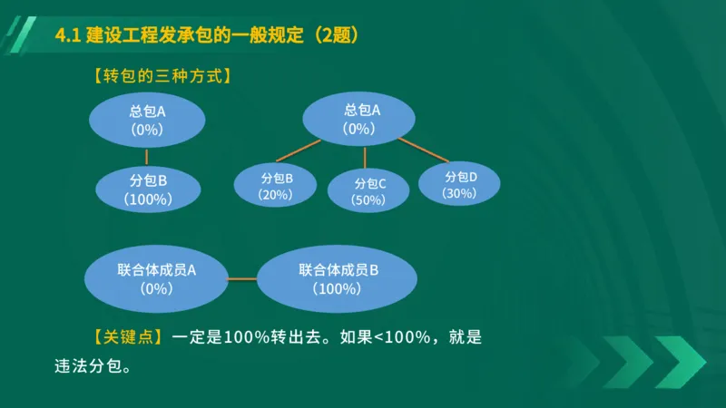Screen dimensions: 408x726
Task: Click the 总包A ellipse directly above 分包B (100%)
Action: coord(146,121)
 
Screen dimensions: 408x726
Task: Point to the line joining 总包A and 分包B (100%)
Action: coord(147,156)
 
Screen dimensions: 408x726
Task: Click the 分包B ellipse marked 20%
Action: coord(275,186)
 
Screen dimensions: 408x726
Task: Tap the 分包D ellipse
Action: coord(459,184)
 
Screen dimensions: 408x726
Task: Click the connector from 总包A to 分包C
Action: coord(365,157)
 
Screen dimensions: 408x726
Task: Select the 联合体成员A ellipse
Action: coord(156,278)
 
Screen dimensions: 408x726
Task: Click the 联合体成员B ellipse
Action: coord(338,278)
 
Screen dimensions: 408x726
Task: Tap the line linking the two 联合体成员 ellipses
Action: coord(241,278)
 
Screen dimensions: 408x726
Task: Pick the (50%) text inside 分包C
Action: coord(369,200)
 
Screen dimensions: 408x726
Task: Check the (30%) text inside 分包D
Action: coord(459,193)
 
